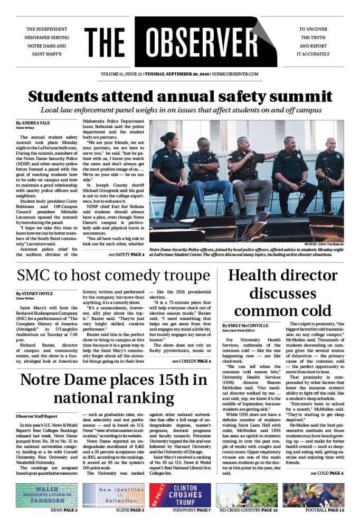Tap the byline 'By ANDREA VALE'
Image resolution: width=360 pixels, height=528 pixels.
pyautogui.click(x=32, y=122)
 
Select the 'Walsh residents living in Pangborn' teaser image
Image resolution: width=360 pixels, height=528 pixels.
pyautogui.click(x=46, y=495)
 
